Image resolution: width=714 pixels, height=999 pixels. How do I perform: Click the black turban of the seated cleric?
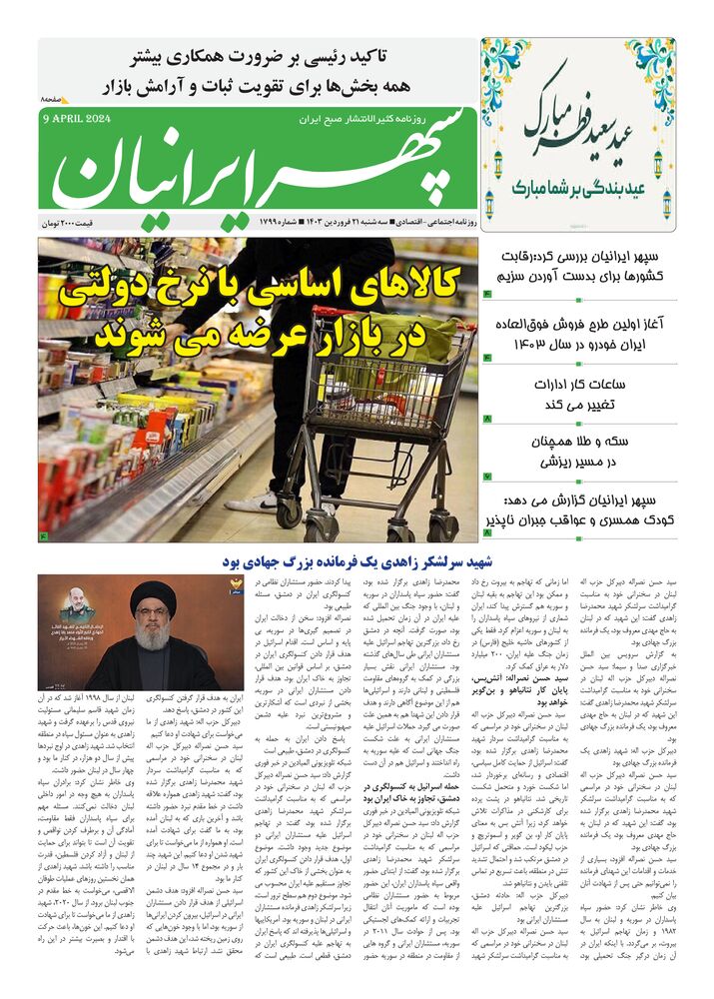tap(153, 598)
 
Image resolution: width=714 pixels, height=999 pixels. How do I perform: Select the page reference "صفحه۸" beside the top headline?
tap(53, 101)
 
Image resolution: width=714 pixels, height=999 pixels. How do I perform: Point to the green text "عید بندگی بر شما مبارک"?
tap(574, 187)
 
